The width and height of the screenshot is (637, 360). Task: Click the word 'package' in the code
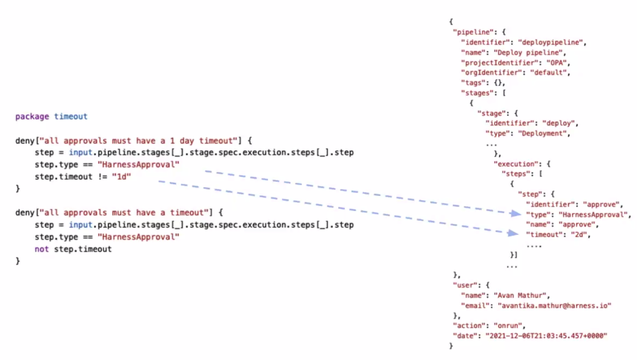(x=32, y=116)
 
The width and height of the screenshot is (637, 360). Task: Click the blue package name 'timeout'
(x=71, y=116)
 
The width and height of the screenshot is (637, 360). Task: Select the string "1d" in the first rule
(x=121, y=177)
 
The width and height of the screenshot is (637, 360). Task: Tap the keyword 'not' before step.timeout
(x=42, y=249)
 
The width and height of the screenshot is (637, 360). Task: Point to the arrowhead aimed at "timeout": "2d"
(x=513, y=233)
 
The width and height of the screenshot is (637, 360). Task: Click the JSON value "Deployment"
(x=544, y=134)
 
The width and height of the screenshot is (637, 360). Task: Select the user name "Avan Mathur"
(x=521, y=295)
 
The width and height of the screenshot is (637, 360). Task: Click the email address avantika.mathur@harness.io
(x=555, y=306)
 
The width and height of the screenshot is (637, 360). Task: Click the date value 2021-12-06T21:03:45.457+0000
(x=546, y=336)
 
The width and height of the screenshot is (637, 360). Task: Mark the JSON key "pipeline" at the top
(x=474, y=32)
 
